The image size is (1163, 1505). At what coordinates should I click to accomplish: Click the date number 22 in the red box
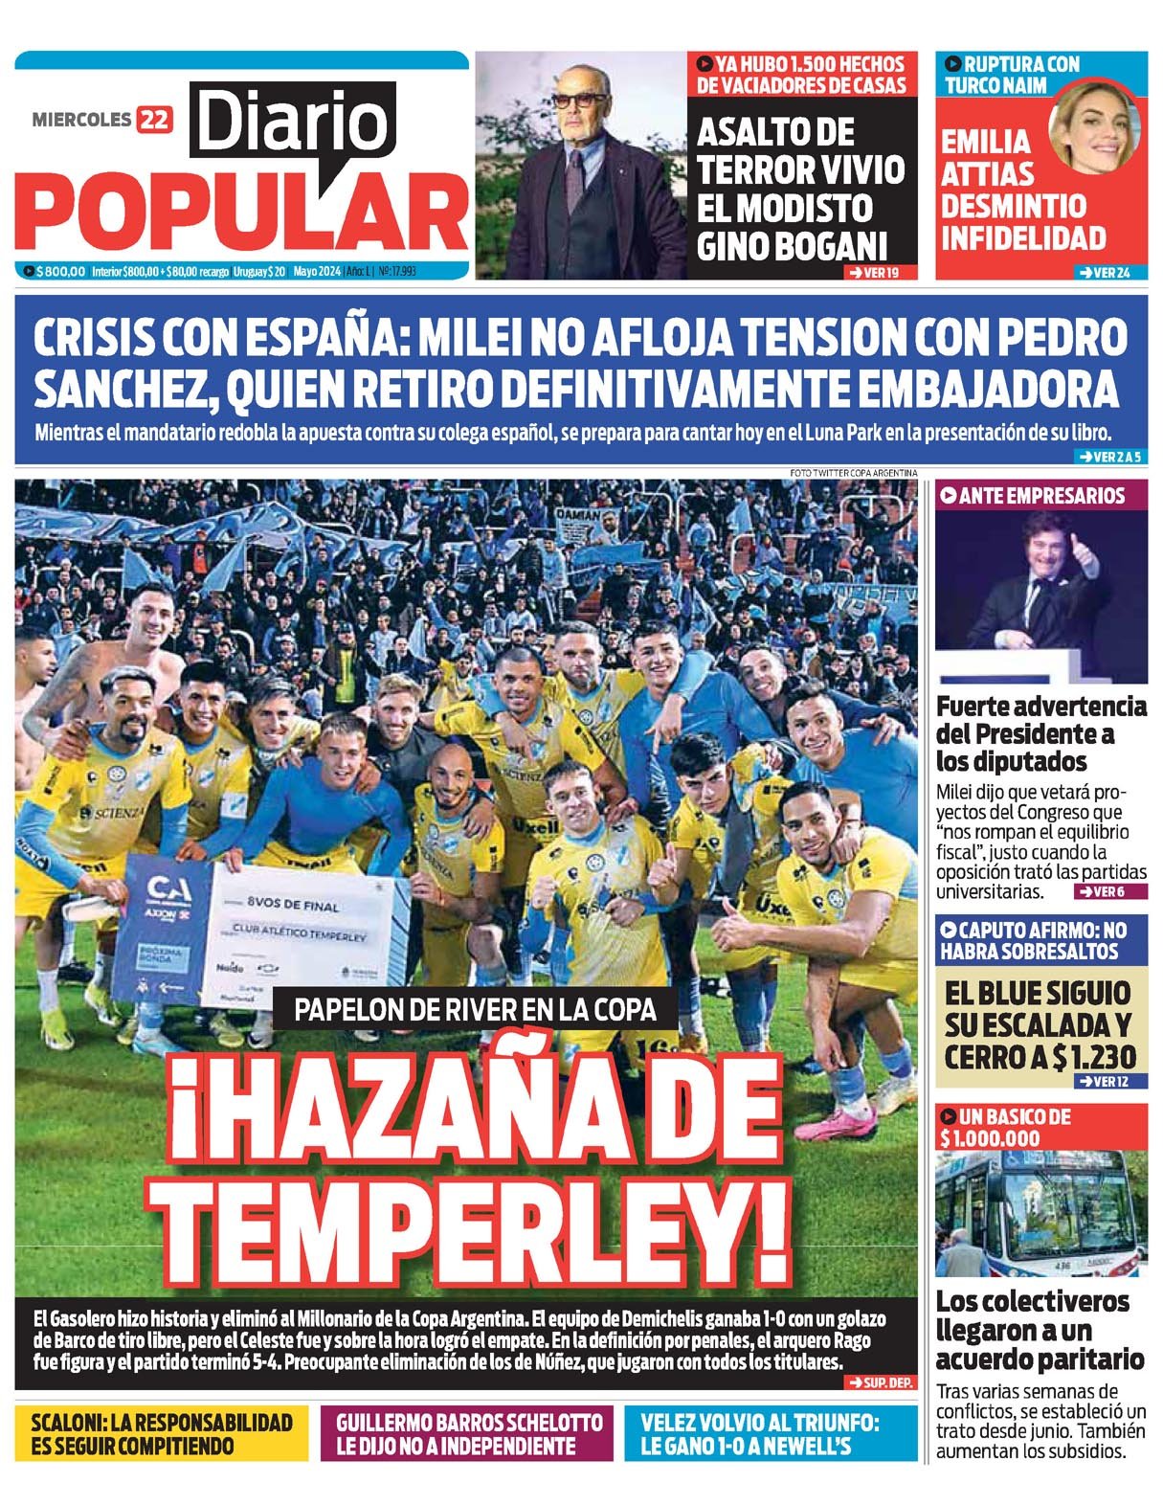154,120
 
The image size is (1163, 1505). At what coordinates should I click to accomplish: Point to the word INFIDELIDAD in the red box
1023,237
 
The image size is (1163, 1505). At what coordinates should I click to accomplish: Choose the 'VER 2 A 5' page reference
1108,457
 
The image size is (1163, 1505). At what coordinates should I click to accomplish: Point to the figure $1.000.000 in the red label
991,1138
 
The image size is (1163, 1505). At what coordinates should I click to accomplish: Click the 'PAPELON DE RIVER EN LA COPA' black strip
476,1008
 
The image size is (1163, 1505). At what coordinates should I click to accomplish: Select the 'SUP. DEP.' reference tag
880,1382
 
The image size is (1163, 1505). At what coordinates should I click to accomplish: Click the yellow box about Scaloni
161,1433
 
